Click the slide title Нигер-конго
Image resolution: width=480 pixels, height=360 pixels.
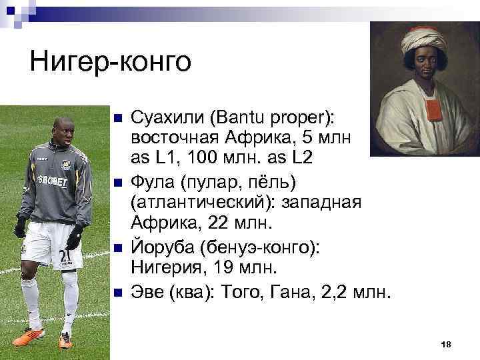pyautogui.click(x=110, y=63)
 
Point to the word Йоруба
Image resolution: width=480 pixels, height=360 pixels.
pyautogui.click(x=159, y=247)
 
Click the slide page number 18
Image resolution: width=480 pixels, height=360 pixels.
pyautogui.click(x=447, y=343)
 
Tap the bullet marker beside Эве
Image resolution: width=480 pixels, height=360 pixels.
pyautogui.click(x=117, y=292)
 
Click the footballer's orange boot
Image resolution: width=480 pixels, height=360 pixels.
pyautogui.click(x=65, y=341)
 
